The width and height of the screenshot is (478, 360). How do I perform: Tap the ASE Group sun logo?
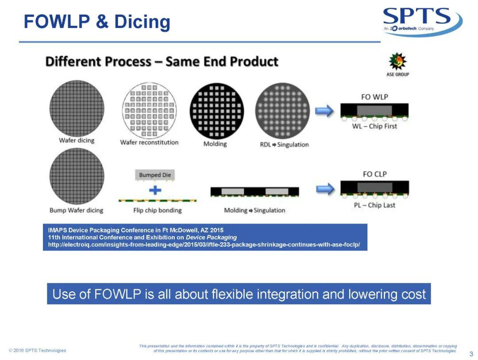[x=397, y=61]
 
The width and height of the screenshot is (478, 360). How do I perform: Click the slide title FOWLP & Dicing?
[x=97, y=22]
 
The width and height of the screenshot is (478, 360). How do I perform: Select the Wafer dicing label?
[x=77, y=140]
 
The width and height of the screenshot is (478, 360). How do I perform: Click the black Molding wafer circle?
[x=217, y=111]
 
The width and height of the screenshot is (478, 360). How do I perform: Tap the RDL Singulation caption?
[x=284, y=145]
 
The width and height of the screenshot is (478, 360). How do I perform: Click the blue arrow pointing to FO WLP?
[x=324, y=110]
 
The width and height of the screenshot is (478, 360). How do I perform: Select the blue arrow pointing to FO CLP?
[x=325, y=189]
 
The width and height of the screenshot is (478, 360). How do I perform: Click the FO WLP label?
[x=374, y=97]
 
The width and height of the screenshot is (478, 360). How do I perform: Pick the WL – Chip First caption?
[x=375, y=126]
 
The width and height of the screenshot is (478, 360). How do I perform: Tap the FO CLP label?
[x=375, y=174]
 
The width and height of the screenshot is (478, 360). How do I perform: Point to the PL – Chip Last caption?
[x=375, y=205]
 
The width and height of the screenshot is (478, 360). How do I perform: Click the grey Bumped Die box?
[x=155, y=175]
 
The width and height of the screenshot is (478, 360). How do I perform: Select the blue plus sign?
[x=155, y=190]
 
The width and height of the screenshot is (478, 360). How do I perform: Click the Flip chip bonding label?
[x=157, y=210]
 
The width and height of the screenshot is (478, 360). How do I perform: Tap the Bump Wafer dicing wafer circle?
[x=77, y=176]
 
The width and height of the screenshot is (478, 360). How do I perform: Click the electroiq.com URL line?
[x=204, y=245]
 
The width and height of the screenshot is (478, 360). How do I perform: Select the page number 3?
[x=471, y=354]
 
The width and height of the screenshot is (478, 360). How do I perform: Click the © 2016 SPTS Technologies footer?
[x=38, y=350]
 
